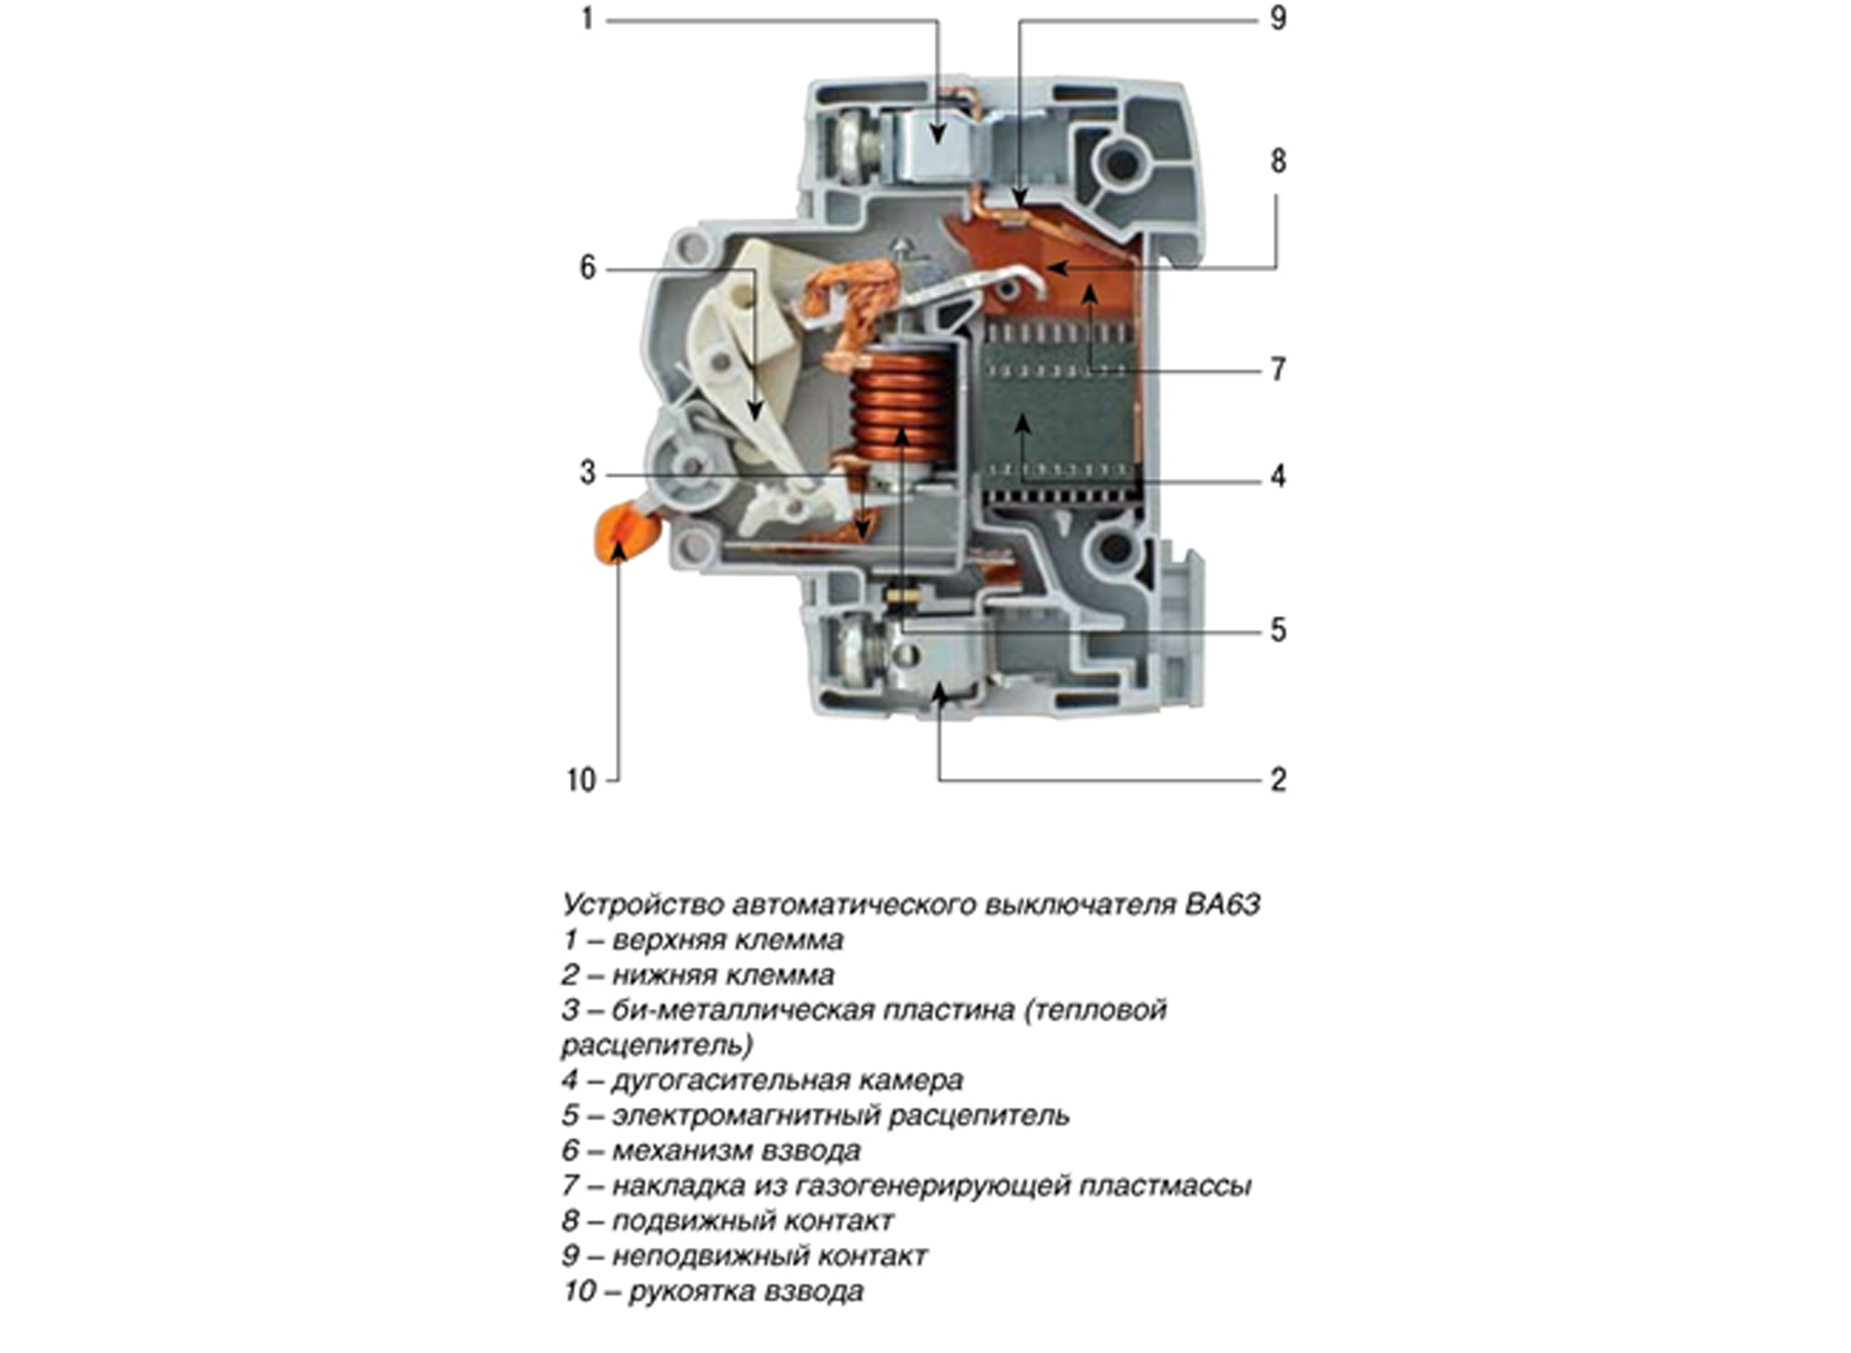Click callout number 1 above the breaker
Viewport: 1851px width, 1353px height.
coord(586,19)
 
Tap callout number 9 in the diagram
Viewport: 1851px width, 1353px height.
coord(1278,19)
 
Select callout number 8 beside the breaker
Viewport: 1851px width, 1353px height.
coord(1278,161)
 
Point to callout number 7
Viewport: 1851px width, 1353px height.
coord(1278,370)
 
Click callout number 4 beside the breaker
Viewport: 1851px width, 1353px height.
coord(1278,477)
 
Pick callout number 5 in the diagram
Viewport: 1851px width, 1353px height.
coord(1278,630)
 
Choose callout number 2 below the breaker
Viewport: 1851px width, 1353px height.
coord(1278,780)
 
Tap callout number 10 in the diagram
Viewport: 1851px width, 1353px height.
coord(581,780)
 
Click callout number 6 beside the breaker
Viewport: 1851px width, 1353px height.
coord(588,268)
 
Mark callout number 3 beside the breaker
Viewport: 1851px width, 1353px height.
coord(588,473)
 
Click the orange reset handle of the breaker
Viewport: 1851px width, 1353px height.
coord(626,533)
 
